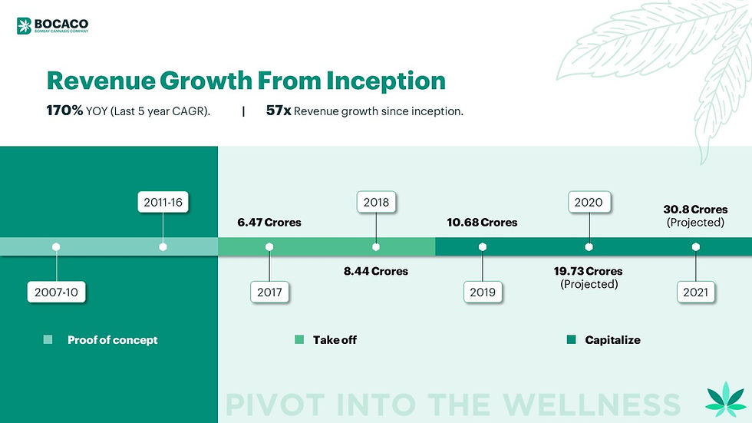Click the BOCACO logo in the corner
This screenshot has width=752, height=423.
pos(52,26)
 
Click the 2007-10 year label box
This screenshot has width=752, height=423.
pos(57,292)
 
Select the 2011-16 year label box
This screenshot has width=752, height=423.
pos(163,203)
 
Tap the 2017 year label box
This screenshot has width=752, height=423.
pos(269,292)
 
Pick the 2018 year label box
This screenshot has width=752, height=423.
pos(376,203)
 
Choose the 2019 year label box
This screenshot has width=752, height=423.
pos(483,292)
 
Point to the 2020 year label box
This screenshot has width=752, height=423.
pos(589,203)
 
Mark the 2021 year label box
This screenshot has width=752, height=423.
pos(696,292)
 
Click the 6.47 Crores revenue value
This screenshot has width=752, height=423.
pos(269,223)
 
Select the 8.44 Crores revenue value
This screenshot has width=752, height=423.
pos(376,271)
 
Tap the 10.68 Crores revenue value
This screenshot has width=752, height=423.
pos(483,223)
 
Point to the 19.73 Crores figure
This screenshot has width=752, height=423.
pos(589,271)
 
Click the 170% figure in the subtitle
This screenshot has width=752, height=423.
pos(65,111)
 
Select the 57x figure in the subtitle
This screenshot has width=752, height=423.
pos(278,111)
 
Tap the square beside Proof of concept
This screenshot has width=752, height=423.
pos(48,340)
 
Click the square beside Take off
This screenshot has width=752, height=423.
pos(300,340)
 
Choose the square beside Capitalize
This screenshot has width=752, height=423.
pos(571,340)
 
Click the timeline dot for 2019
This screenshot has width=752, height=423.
pos(483,247)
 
